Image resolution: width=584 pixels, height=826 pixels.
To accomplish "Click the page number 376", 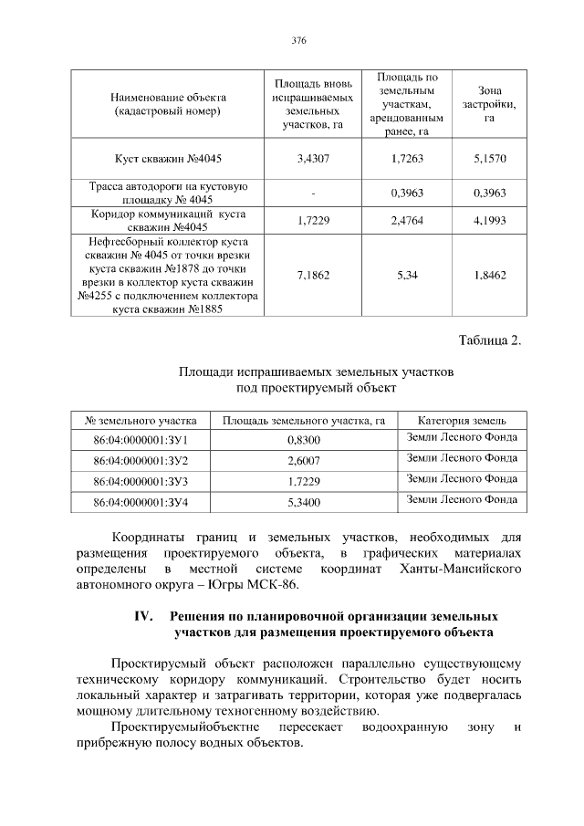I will coord(297,41).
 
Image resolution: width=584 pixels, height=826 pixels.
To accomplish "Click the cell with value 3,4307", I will coord(313,159).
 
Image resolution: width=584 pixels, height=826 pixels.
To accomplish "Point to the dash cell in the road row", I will coord(313,193).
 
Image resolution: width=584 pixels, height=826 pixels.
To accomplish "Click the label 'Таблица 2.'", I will coord(488,341).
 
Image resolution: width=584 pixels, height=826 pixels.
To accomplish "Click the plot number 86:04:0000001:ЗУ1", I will coord(141,440).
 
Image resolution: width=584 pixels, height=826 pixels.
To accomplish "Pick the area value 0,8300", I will coord(303,440).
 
